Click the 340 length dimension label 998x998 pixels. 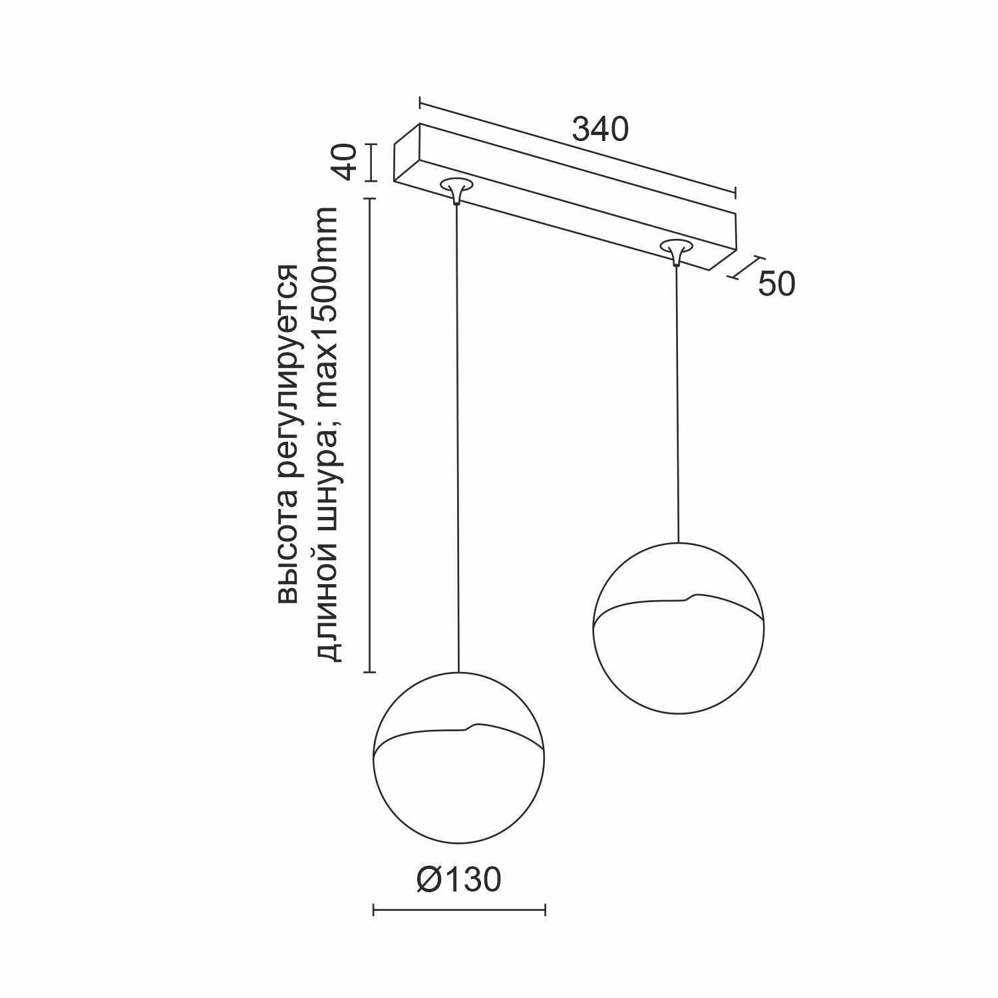600,130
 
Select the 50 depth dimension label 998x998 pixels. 776,284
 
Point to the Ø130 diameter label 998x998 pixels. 458,880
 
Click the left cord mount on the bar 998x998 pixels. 456,190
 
